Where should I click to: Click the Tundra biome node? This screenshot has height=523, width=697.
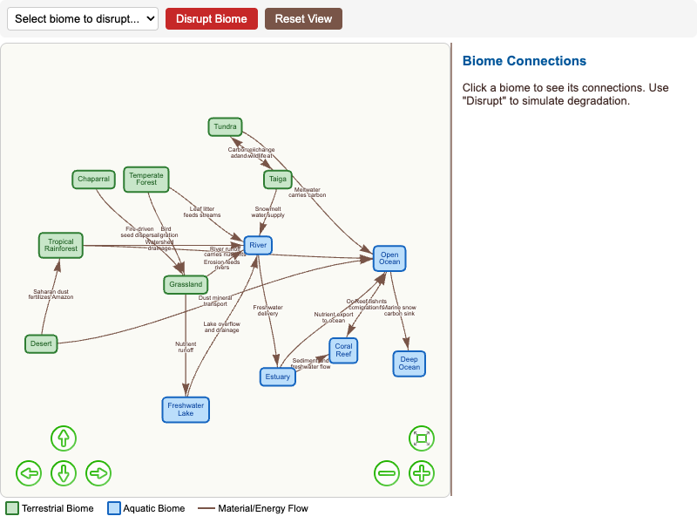tap(225, 126)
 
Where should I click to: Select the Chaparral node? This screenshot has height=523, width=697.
tap(93, 180)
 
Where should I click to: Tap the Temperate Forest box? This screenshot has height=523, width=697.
tap(146, 179)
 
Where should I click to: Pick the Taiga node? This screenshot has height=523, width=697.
tap(277, 180)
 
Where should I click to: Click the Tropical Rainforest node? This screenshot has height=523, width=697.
tap(61, 245)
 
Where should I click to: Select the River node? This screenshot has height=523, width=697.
tap(258, 246)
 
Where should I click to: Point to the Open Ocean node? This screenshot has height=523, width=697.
tap(389, 258)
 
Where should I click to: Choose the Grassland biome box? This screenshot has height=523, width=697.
tap(186, 284)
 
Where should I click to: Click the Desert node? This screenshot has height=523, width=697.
tap(41, 343)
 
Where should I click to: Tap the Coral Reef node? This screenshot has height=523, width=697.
tap(343, 350)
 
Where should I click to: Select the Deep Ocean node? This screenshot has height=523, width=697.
tap(409, 363)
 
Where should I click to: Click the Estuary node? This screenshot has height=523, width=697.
tap(278, 377)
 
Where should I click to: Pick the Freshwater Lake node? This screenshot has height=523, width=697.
tap(186, 409)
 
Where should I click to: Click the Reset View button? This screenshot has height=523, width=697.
tap(303, 18)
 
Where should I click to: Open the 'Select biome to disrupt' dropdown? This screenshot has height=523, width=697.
tap(83, 18)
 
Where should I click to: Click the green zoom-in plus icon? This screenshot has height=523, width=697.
tap(422, 473)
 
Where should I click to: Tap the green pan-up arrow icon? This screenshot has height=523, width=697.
tap(64, 438)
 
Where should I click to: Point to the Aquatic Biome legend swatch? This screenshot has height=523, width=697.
tap(114, 508)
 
